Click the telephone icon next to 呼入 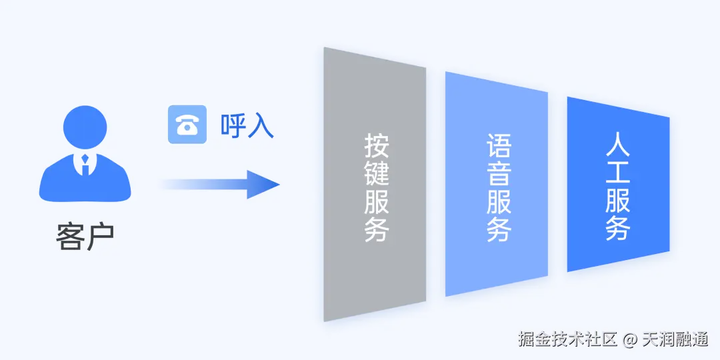183,125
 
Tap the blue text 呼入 247,125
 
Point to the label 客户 85,237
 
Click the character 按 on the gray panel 376,146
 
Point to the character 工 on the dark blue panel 618,172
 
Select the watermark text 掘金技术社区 567,339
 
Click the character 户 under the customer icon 100,237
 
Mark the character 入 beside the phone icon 260,125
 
